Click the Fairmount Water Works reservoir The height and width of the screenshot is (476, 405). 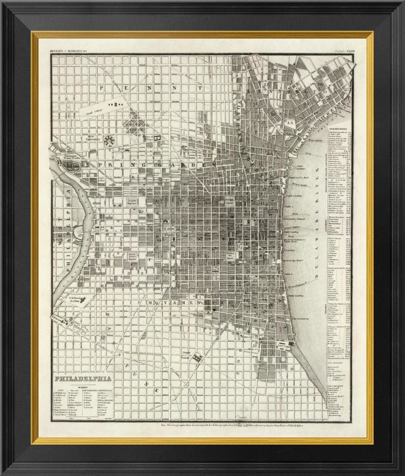73,166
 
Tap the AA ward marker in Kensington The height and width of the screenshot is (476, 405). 290,122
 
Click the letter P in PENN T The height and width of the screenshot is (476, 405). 101,88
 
